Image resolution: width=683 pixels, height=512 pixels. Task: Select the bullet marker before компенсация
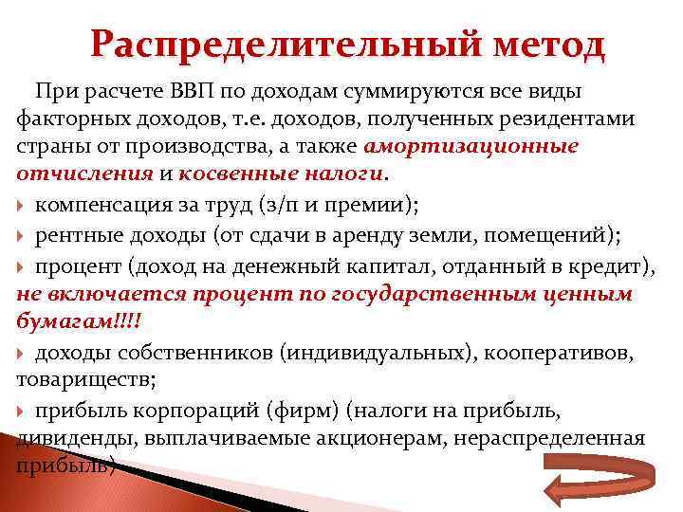point(23,204)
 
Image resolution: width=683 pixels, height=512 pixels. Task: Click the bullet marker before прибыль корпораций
point(23,411)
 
